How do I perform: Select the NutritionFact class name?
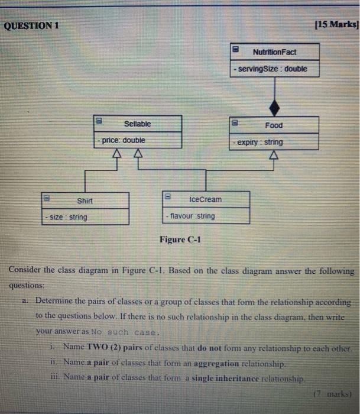(x=274, y=52)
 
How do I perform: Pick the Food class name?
(x=274, y=125)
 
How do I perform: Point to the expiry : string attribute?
(x=258, y=142)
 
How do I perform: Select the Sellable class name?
(x=137, y=124)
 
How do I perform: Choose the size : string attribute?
(x=67, y=217)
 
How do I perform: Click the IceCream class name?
(x=206, y=199)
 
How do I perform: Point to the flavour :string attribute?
(x=192, y=216)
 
